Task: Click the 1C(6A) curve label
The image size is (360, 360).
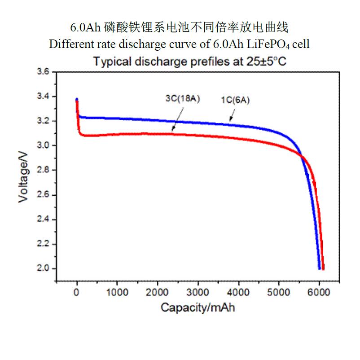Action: (235, 101)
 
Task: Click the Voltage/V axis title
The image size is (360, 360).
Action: (24, 177)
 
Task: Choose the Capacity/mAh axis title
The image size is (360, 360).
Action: (198, 308)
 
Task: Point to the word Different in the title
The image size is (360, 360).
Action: (68, 44)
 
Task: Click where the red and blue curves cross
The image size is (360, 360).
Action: (301, 157)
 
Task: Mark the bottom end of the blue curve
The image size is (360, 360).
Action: (319, 268)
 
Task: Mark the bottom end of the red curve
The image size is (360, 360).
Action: (323, 268)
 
